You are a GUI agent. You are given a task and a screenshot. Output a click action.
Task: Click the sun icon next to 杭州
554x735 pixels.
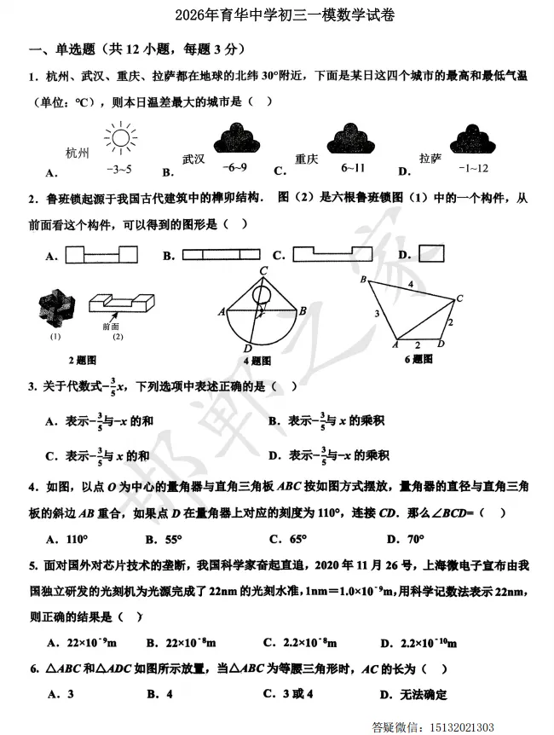coord(119,139)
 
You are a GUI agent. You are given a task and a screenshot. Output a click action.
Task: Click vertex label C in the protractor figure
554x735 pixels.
coord(265,271)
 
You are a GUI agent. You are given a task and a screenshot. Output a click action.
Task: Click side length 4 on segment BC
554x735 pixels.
coord(410,283)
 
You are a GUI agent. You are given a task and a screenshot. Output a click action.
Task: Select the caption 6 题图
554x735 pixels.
coord(418,359)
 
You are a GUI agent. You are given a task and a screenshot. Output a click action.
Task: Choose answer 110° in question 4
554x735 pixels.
coord(77,539)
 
